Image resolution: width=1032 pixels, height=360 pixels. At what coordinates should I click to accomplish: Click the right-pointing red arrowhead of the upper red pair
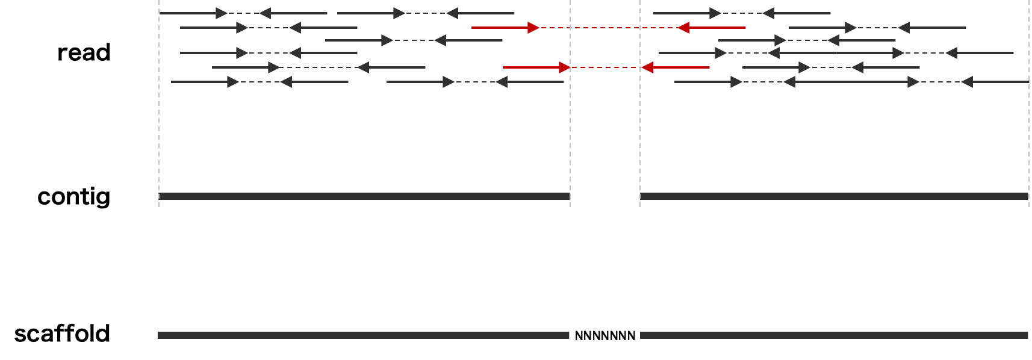533,28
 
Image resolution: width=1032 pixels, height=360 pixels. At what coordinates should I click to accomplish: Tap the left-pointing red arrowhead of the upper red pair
683,28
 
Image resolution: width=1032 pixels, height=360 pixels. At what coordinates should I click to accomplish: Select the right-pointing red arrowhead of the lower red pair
565,67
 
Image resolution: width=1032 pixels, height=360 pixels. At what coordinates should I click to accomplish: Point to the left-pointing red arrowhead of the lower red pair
647,67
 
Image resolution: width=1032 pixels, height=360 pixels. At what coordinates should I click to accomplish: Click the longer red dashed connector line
608,28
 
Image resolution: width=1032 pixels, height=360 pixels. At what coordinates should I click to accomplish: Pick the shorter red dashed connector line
605,67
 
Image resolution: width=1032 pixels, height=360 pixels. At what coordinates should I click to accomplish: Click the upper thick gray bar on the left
364,196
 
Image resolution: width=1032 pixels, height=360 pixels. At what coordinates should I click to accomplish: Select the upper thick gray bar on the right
834,196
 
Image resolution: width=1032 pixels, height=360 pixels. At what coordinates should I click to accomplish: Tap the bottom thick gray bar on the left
364,335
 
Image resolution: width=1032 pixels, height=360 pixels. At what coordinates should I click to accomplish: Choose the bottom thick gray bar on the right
834,335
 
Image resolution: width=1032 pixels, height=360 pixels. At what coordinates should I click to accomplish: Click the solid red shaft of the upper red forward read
500,28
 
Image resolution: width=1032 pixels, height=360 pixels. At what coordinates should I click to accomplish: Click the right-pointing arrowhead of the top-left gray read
222,13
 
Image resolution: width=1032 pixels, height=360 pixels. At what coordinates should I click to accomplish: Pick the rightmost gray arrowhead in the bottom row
967,82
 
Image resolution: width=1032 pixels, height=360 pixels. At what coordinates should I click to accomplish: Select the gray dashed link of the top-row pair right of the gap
742,13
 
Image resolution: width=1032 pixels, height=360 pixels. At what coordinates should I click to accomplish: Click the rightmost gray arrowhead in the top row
768,13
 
